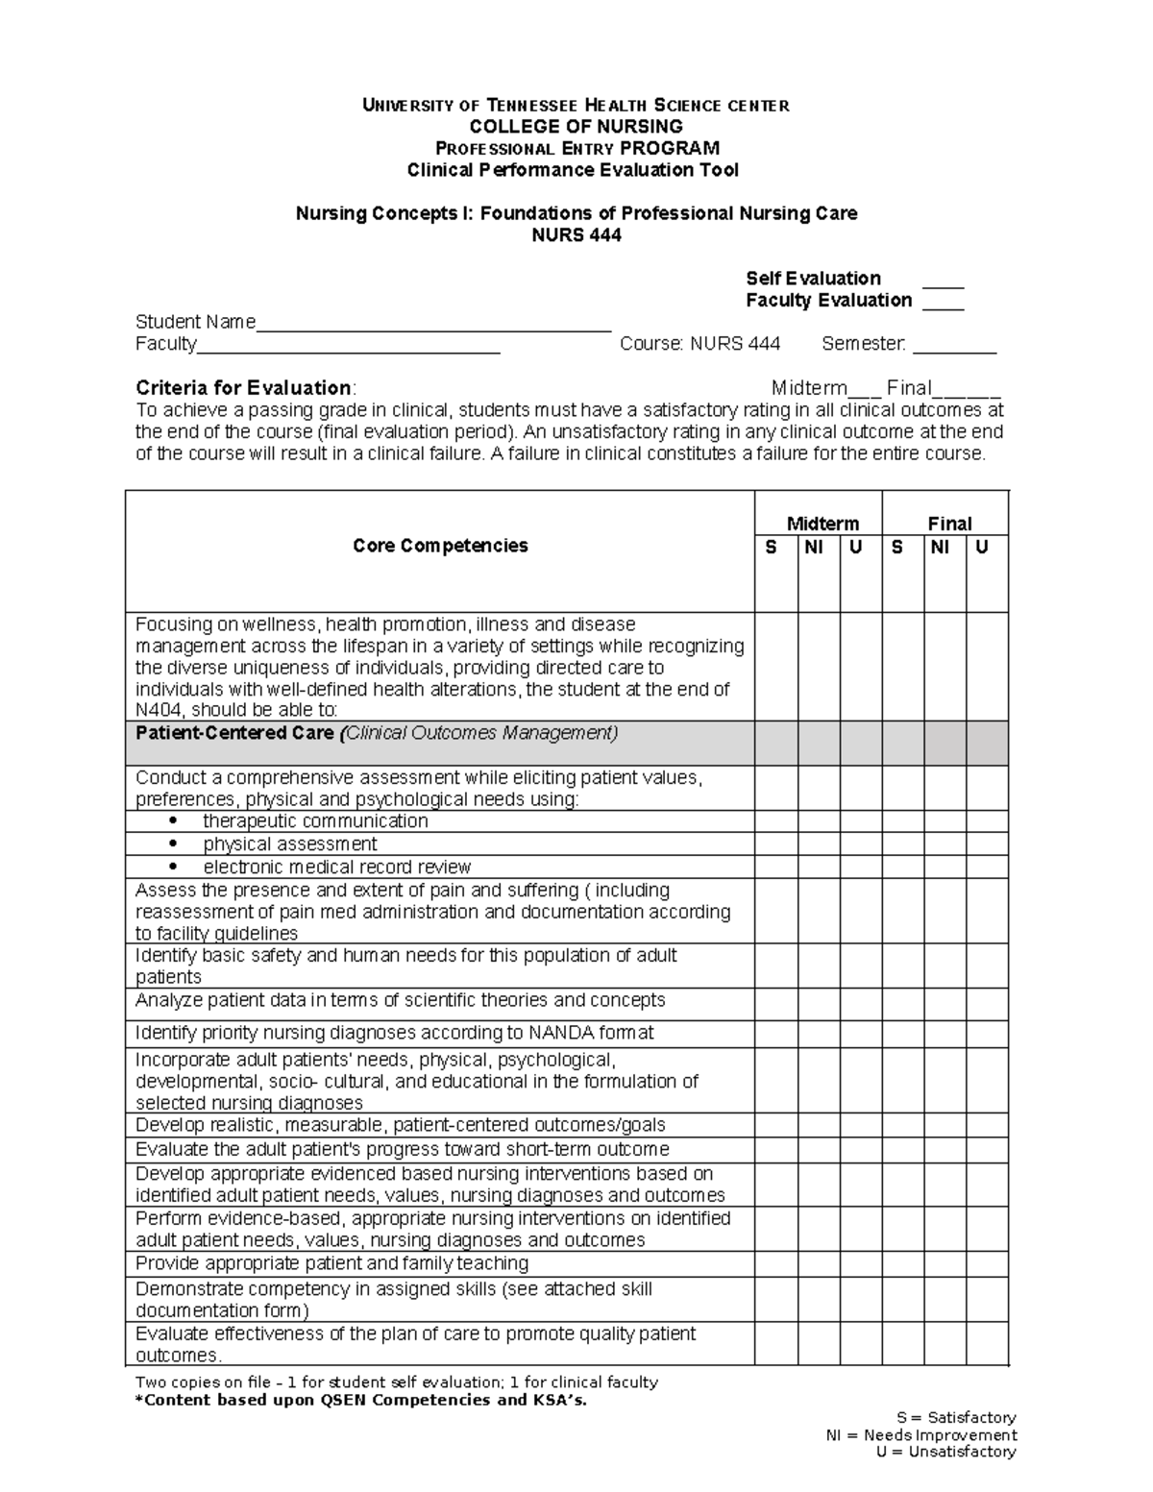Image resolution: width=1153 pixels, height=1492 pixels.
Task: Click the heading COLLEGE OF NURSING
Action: coord(576,127)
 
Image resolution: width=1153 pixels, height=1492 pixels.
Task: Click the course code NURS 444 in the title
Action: coord(576,235)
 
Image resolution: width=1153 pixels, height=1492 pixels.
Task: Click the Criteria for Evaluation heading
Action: coord(245,388)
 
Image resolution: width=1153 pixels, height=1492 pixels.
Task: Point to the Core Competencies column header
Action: coord(440,546)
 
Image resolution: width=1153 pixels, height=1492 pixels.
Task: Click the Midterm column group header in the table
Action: coord(822,524)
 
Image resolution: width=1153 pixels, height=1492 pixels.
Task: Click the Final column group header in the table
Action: coord(948,524)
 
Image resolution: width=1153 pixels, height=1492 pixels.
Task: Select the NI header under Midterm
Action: coord(814,548)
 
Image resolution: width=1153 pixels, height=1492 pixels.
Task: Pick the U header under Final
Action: coord(981,548)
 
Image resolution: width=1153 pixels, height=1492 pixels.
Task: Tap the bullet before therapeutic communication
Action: coord(173,821)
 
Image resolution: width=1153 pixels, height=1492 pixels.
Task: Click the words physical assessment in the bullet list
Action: coord(289,844)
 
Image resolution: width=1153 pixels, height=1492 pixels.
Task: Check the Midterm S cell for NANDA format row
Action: coord(775,1034)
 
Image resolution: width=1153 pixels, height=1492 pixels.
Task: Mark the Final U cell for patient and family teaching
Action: coord(987,1264)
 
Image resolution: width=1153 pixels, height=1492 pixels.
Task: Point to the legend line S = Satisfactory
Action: coord(955,1418)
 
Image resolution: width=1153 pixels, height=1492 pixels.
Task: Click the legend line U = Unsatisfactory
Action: coord(945,1452)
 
